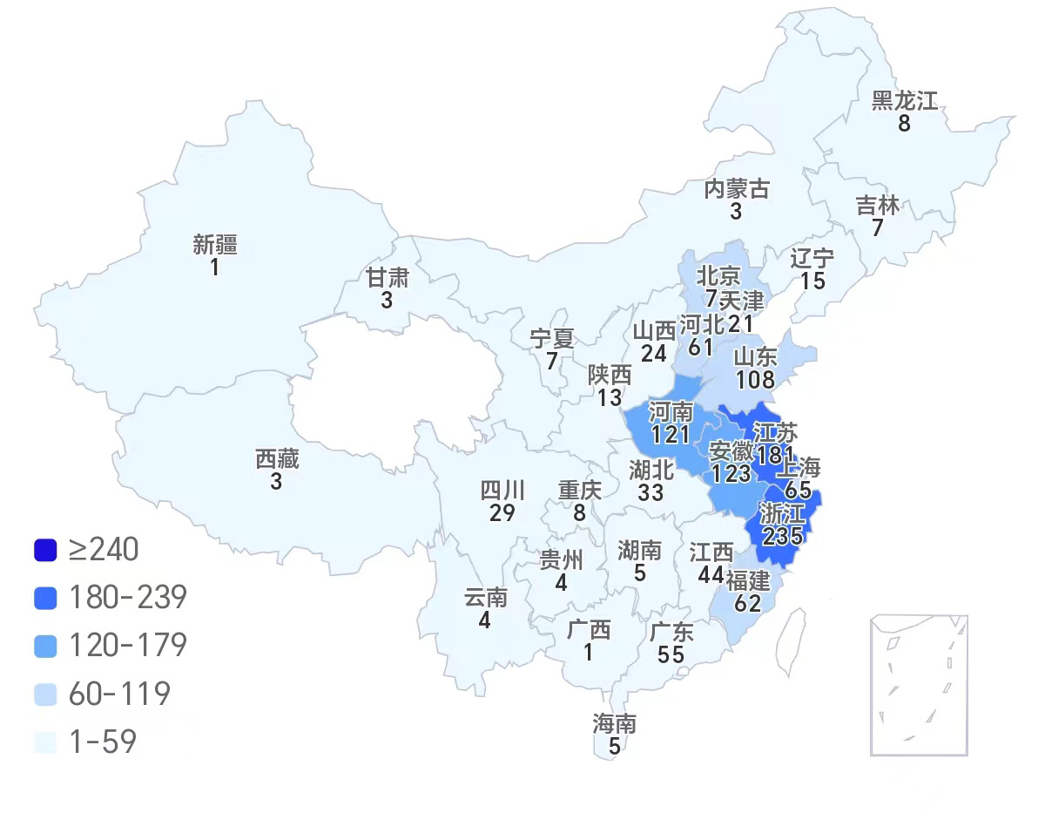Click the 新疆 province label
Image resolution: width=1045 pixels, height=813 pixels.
point(215,244)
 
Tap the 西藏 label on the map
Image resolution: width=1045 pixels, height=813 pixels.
point(277,458)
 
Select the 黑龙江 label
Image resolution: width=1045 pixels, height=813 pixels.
point(905,100)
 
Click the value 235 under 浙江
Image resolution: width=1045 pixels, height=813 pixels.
point(781,535)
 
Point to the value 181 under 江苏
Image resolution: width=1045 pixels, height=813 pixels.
point(773,454)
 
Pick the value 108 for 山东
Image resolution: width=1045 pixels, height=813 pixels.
point(755,379)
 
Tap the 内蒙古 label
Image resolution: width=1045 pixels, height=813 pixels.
point(737,188)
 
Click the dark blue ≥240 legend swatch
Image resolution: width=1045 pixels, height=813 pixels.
point(45,550)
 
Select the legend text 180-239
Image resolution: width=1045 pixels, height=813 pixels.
point(128,597)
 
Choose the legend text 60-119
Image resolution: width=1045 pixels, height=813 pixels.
point(119,694)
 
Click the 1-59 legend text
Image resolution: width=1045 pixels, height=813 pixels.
point(103,742)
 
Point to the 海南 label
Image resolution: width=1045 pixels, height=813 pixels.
point(615,723)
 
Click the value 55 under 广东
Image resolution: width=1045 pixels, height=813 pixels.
point(671,655)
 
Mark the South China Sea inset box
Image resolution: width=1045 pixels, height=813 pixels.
point(919,685)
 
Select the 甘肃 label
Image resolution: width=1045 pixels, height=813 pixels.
point(387,277)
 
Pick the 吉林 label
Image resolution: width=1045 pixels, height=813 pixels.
point(878,206)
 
